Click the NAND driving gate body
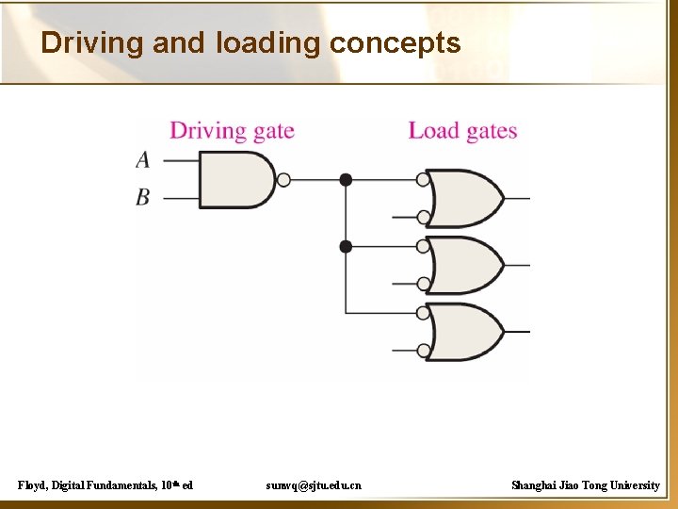pyautogui.click(x=235, y=179)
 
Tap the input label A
pyautogui.click(x=143, y=159)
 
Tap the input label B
pyautogui.click(x=143, y=198)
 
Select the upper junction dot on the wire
pyautogui.click(x=346, y=179)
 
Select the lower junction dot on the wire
pyautogui.click(x=346, y=246)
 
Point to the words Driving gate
pyautogui.click(x=232, y=131)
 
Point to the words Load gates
pyautogui.click(x=462, y=131)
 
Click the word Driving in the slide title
pyautogui.click(x=90, y=43)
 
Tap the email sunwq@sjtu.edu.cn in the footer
pyautogui.click(x=313, y=484)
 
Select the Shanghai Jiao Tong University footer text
pyautogui.click(x=585, y=484)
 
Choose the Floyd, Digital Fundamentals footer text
pyautogui.click(x=105, y=484)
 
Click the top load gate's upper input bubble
pyautogui.click(x=423, y=179)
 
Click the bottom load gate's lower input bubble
pyautogui.click(x=423, y=351)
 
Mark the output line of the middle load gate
pyautogui.click(x=517, y=266)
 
